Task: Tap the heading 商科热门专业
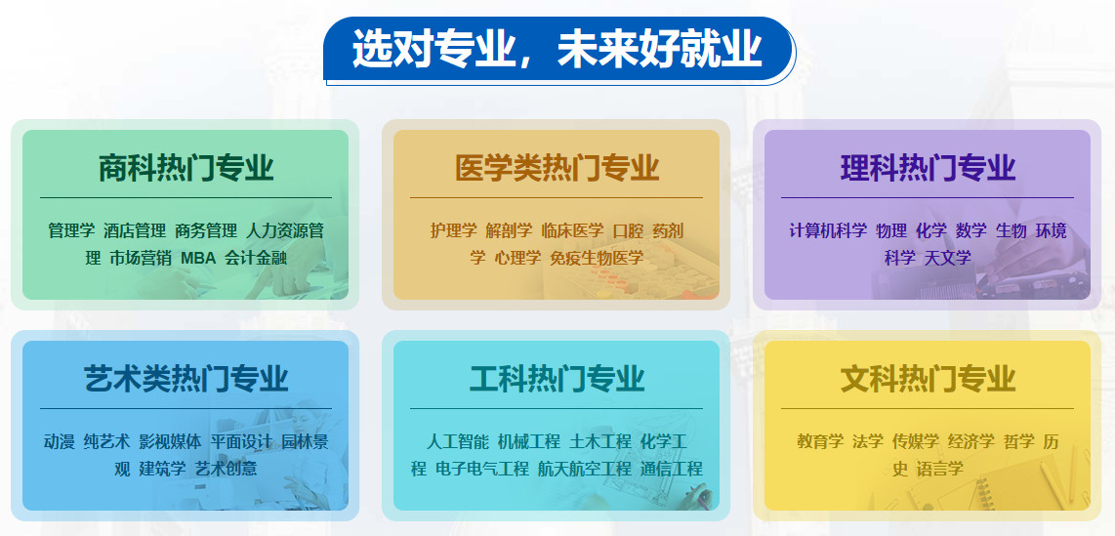pos(186,168)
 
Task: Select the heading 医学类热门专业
pos(557,168)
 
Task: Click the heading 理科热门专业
pos(928,168)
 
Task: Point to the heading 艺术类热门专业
pos(186,378)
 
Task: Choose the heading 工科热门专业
pos(557,378)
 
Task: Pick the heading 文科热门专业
pos(928,378)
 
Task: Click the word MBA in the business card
pos(198,258)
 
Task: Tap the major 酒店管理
pos(135,231)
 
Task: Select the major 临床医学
pos(572,231)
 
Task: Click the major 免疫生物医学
pos(596,258)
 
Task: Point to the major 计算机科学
pos(828,231)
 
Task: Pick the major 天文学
pos(947,258)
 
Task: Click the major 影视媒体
pos(170,441)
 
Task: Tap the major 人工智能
pos(457,441)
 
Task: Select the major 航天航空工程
pos(584,469)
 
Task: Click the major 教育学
pos(820,441)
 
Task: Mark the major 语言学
pos(939,469)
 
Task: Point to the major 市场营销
pos(141,258)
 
